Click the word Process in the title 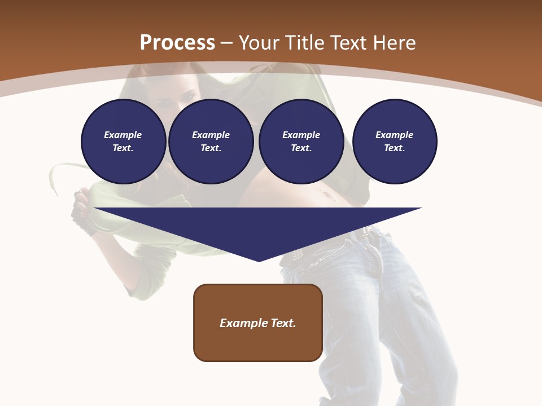pyautogui.click(x=177, y=43)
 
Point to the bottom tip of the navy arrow pyautogui.click(x=259, y=260)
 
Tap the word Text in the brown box pyautogui.click(x=283, y=323)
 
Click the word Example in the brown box pyautogui.click(x=244, y=323)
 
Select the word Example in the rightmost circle pyautogui.click(x=394, y=135)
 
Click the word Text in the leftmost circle pyautogui.click(x=123, y=148)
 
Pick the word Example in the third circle pyautogui.click(x=301, y=135)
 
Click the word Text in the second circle pyautogui.click(x=210, y=148)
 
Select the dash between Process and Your pyautogui.click(x=226, y=43)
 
